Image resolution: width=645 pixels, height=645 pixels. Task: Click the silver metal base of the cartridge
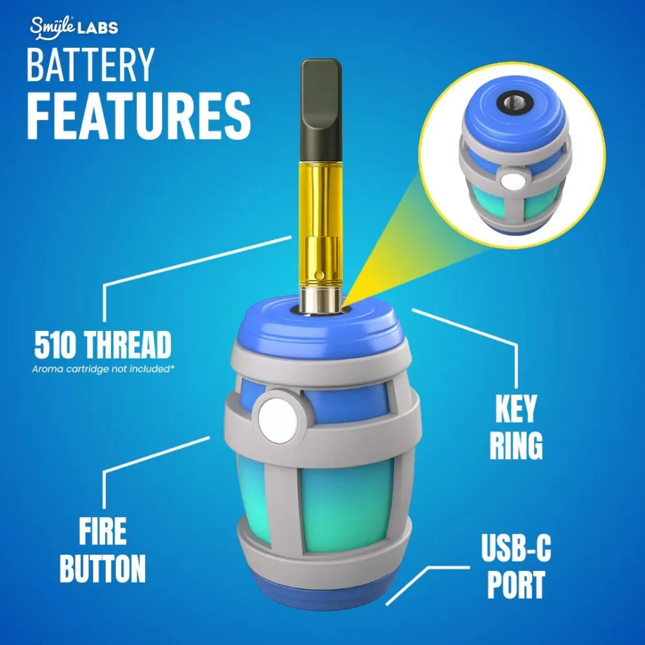point(321,300)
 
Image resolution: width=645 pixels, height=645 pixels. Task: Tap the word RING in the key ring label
point(515,446)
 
